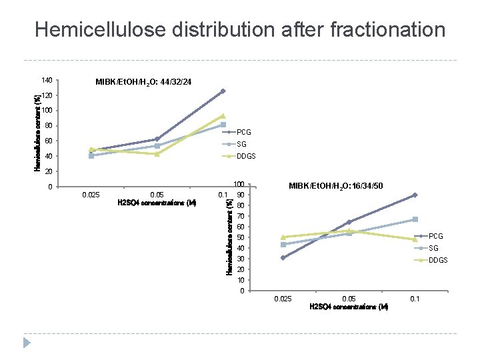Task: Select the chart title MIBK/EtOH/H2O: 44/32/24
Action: tap(143, 82)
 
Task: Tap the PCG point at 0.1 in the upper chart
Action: tap(223, 91)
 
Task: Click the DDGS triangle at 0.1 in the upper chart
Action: tap(223, 116)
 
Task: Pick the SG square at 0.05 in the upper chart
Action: tap(157, 145)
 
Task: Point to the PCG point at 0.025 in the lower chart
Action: tap(283, 257)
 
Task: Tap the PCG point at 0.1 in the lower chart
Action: tap(415, 195)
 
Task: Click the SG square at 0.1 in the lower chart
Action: tap(415, 219)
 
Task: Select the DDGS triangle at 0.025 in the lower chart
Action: tap(283, 237)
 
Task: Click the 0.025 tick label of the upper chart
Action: tap(91, 195)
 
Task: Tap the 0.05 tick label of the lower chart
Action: tap(349, 299)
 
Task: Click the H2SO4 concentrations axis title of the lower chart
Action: tap(349, 307)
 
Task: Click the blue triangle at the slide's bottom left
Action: tap(27, 343)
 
